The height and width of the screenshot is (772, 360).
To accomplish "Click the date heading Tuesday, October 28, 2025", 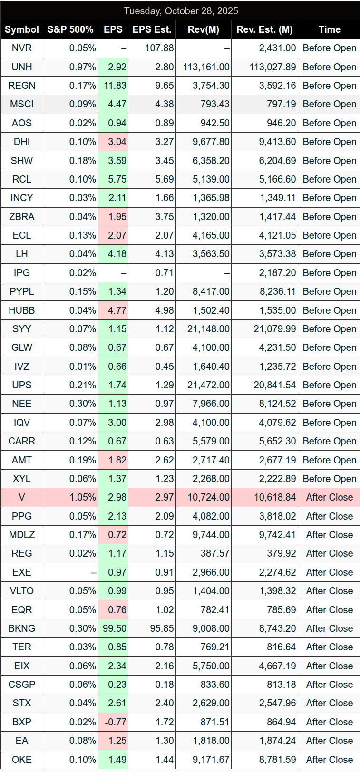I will pos(181,11).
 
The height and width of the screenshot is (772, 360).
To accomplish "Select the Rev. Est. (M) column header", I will pos(264,29).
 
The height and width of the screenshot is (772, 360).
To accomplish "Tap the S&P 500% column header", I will pos(70,29).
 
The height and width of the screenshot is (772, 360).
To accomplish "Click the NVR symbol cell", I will pos(21,48).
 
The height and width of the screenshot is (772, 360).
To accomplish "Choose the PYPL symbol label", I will pos(21,291).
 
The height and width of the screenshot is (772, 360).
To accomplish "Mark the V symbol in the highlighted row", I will pos(21,497).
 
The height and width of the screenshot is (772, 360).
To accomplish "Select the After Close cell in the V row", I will pos(329,497).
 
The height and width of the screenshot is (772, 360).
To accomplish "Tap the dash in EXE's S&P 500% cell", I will pos(94,572).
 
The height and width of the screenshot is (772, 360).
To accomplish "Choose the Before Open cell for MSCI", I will pos(329,104).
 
